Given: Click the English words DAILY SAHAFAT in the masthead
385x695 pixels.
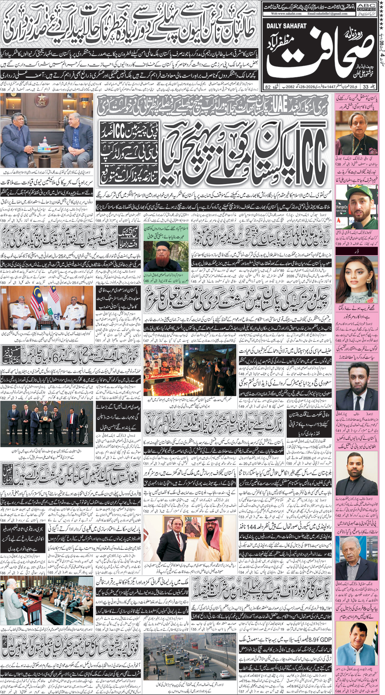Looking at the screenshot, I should click(286, 26).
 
